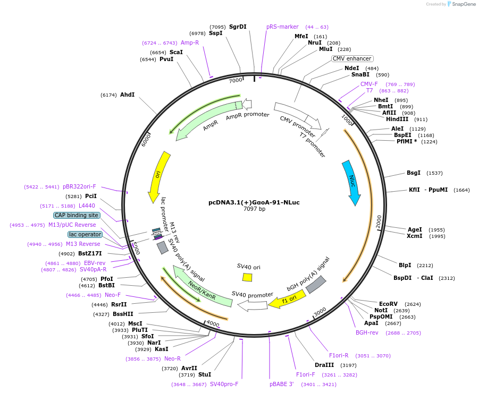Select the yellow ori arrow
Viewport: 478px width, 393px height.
[x=158, y=174]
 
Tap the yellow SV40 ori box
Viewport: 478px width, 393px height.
[x=247, y=277]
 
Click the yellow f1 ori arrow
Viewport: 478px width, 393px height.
[x=286, y=300]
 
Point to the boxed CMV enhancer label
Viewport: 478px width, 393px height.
[x=353, y=58]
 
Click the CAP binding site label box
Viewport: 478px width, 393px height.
[x=76, y=215]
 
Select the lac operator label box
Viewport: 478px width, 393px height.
[x=85, y=234]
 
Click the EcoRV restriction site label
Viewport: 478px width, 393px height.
[x=388, y=304]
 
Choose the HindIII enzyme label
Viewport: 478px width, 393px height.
[x=399, y=119]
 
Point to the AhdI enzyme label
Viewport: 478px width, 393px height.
[x=127, y=95]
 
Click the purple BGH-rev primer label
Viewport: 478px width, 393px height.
[x=367, y=332]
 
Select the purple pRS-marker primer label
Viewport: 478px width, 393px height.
[x=282, y=27]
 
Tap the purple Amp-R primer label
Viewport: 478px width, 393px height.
[x=190, y=42]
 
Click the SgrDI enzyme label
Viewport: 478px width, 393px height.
[x=238, y=27]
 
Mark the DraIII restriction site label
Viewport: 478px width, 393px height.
[x=324, y=365]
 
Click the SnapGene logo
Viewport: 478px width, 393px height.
[x=461, y=4]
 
